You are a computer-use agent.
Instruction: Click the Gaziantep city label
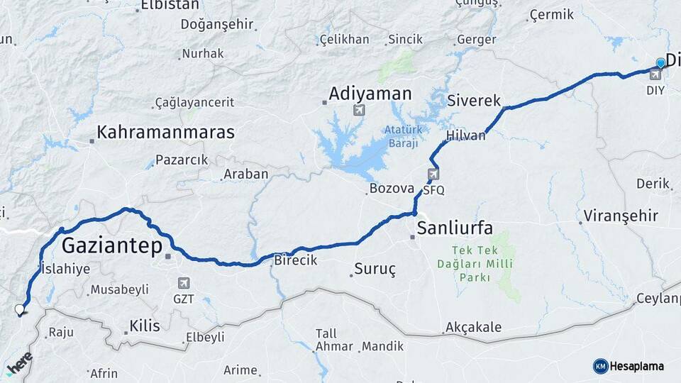coord(111,246)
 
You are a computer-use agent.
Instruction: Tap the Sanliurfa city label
coord(455,228)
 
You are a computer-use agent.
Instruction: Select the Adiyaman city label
coord(370,94)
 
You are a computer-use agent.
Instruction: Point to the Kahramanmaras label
coord(165,132)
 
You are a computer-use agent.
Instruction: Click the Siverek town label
coord(474,101)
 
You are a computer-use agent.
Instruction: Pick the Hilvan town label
coord(466,135)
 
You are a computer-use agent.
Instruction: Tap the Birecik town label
coord(295,260)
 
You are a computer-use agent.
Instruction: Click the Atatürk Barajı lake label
coord(404,135)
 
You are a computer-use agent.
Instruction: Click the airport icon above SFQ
coord(433,174)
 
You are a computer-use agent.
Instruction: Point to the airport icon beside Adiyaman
coord(359,110)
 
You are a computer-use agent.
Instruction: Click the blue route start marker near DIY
coord(660,63)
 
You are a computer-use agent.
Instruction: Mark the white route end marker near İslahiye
coord(20,309)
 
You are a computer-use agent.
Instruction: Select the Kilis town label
coord(144,326)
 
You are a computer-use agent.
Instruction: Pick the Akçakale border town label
coord(473,327)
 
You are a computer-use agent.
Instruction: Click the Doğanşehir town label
coord(217,24)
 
